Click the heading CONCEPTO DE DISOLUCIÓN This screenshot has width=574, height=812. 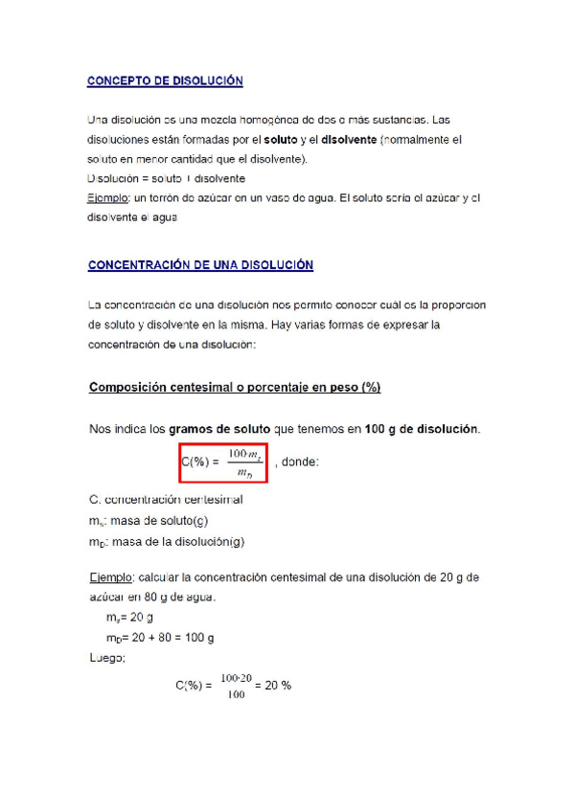point(165,81)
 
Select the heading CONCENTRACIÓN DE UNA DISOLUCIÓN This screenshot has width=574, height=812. point(200,265)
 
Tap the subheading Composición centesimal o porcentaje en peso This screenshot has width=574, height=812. point(235,388)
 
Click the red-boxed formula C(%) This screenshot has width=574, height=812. point(221,462)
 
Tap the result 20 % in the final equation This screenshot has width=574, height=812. point(280,686)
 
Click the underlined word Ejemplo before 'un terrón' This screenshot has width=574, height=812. point(105,197)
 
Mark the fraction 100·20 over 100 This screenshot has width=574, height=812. point(236,686)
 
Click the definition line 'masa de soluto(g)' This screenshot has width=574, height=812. point(149,521)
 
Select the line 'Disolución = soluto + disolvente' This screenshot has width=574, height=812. point(152,178)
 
